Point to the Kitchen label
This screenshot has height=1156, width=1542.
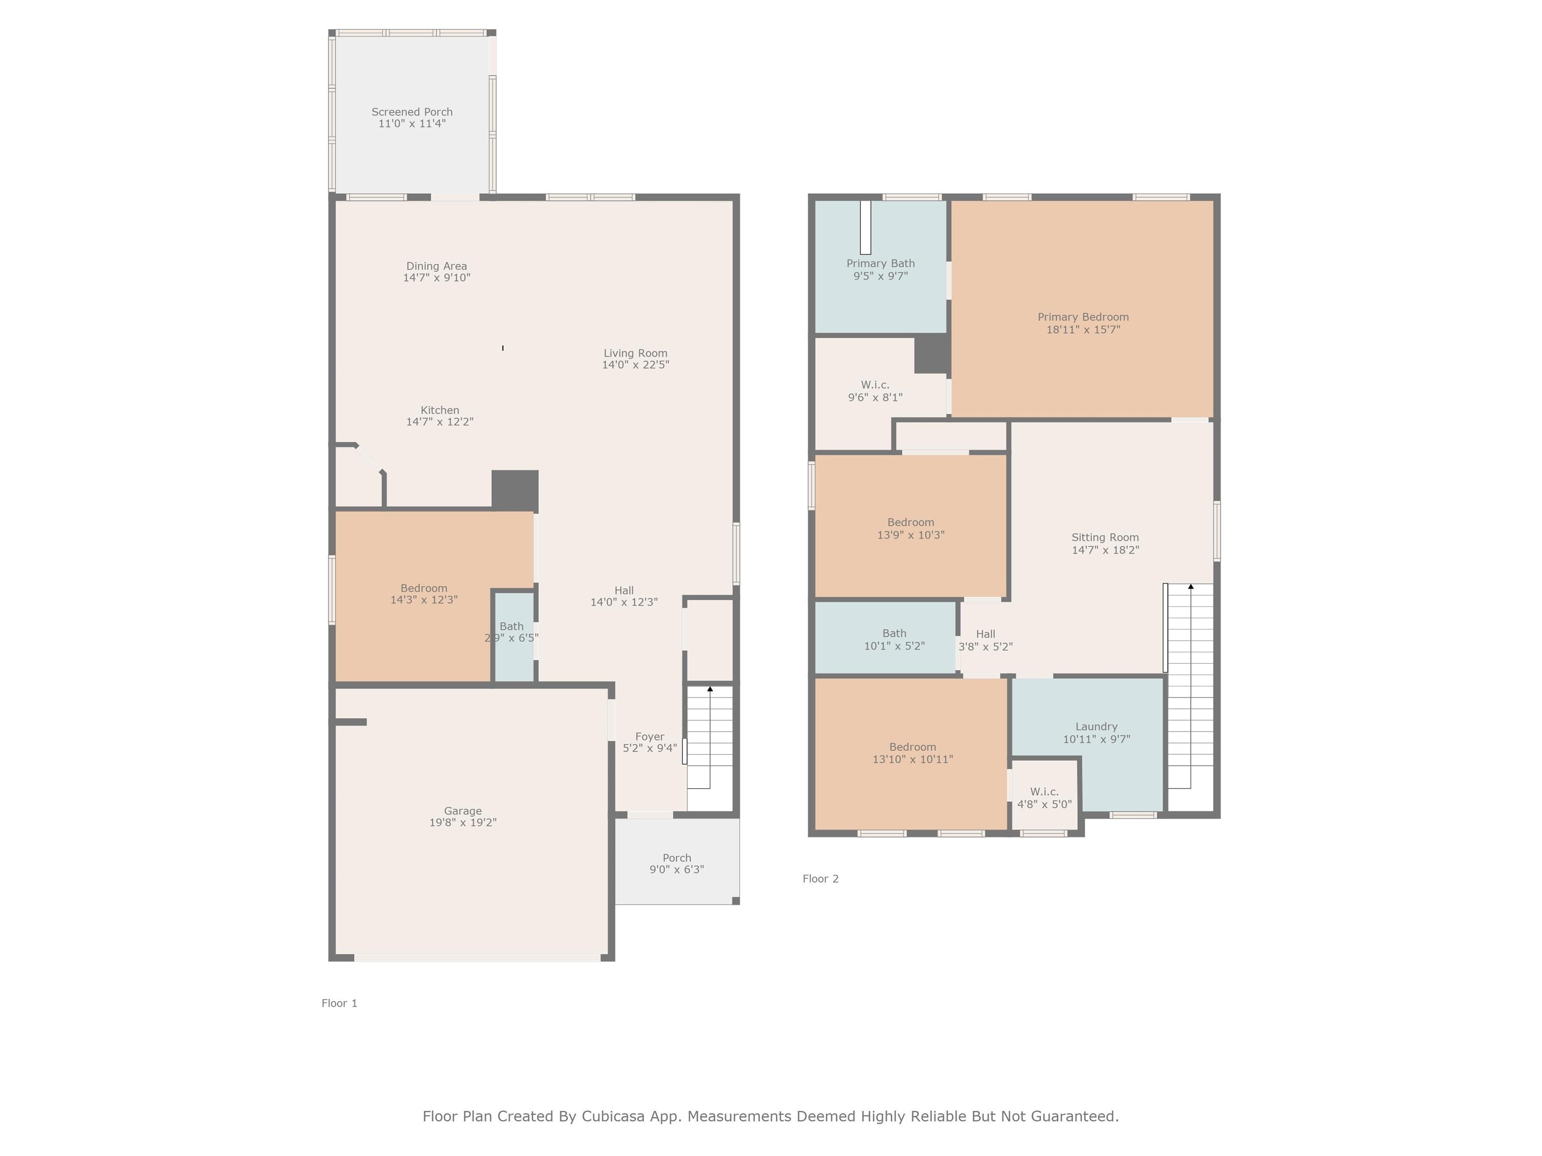[x=440, y=410]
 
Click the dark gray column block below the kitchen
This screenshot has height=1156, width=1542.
[x=515, y=491]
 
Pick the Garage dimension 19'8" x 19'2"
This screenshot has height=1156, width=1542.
[x=463, y=822]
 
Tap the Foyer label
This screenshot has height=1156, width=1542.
[x=650, y=737]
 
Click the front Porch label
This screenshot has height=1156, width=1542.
[x=677, y=858]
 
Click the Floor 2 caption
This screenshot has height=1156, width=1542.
[x=821, y=878]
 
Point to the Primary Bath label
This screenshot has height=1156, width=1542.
[x=880, y=263]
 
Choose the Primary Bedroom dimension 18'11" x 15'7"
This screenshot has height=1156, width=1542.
[x=1083, y=329]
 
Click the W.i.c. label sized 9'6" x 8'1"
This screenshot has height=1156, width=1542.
[x=875, y=385]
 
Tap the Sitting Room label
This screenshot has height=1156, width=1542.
[x=1105, y=537]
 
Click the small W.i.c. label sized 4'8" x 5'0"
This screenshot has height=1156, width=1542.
[x=1044, y=792]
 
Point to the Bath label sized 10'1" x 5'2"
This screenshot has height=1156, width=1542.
[x=894, y=633]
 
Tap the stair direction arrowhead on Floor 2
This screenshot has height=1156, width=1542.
[x=1191, y=587]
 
